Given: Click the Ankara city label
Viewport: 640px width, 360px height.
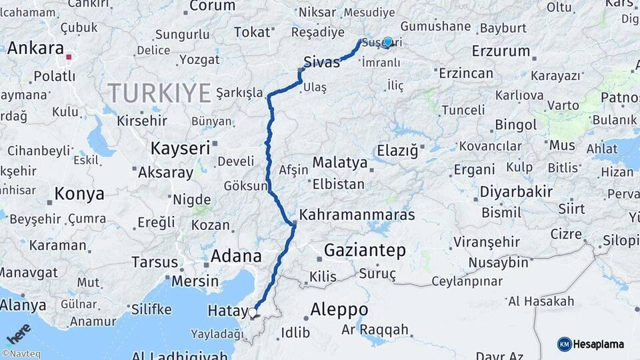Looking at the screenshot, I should tap(36, 49).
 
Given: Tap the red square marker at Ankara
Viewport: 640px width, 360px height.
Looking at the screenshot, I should tap(69, 57).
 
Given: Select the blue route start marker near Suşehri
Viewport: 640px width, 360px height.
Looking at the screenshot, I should tap(387, 42).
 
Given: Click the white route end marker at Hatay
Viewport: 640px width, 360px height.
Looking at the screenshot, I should tap(253, 312).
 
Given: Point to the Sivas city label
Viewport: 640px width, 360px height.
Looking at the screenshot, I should tap(321, 62).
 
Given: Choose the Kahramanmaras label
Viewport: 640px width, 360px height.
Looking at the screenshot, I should tap(357, 215).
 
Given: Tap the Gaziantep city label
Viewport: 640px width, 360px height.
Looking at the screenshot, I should tap(365, 251).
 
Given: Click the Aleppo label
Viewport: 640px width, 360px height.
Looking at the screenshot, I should tap(339, 309).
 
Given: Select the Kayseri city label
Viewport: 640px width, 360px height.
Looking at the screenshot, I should tap(180, 148).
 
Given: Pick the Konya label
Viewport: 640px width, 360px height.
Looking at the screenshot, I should tap(79, 194).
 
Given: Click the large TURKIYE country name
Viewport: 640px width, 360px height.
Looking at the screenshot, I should tap(159, 93).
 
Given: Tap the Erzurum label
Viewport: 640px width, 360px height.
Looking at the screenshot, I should tap(501, 51).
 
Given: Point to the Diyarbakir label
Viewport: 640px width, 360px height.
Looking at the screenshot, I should tap(516, 193).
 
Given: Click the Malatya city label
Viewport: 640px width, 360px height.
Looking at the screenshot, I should tap(340, 163).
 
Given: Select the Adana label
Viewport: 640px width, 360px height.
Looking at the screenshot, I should tap(236, 256).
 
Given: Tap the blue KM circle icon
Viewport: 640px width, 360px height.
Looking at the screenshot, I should tap(564, 344).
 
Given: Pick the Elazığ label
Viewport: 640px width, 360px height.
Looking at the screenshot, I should tap(397, 151).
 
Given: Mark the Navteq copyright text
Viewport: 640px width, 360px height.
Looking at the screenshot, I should tap(21, 354).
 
